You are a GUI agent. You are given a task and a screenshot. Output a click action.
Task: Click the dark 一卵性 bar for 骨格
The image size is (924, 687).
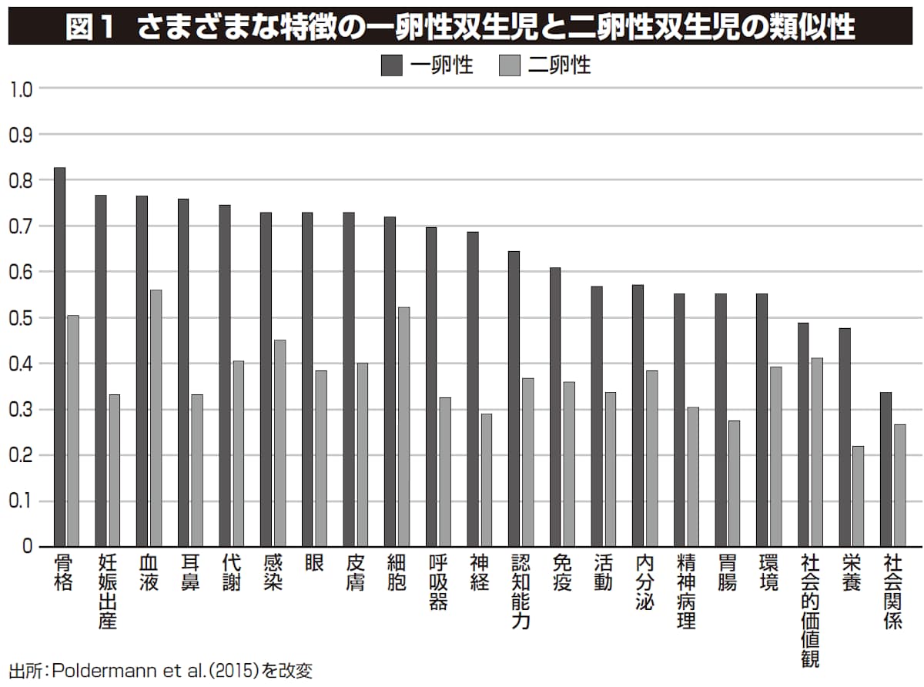(x=59, y=357)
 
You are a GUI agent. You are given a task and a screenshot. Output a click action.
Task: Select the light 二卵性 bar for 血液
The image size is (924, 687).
(x=156, y=418)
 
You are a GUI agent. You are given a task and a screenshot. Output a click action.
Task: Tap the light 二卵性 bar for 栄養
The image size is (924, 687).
(x=858, y=496)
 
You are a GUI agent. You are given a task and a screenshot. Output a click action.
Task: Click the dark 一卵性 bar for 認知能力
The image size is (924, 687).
(x=514, y=399)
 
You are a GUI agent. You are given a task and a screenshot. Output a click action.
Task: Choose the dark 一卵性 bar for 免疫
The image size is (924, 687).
(x=555, y=407)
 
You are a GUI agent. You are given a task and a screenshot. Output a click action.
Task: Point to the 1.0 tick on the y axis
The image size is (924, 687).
(x=22, y=89)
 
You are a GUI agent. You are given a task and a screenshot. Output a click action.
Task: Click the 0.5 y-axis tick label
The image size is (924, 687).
(x=22, y=318)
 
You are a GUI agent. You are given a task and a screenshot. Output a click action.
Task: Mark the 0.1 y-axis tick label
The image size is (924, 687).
(x=22, y=501)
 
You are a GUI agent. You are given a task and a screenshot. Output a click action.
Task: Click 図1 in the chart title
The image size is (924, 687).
(x=90, y=28)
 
